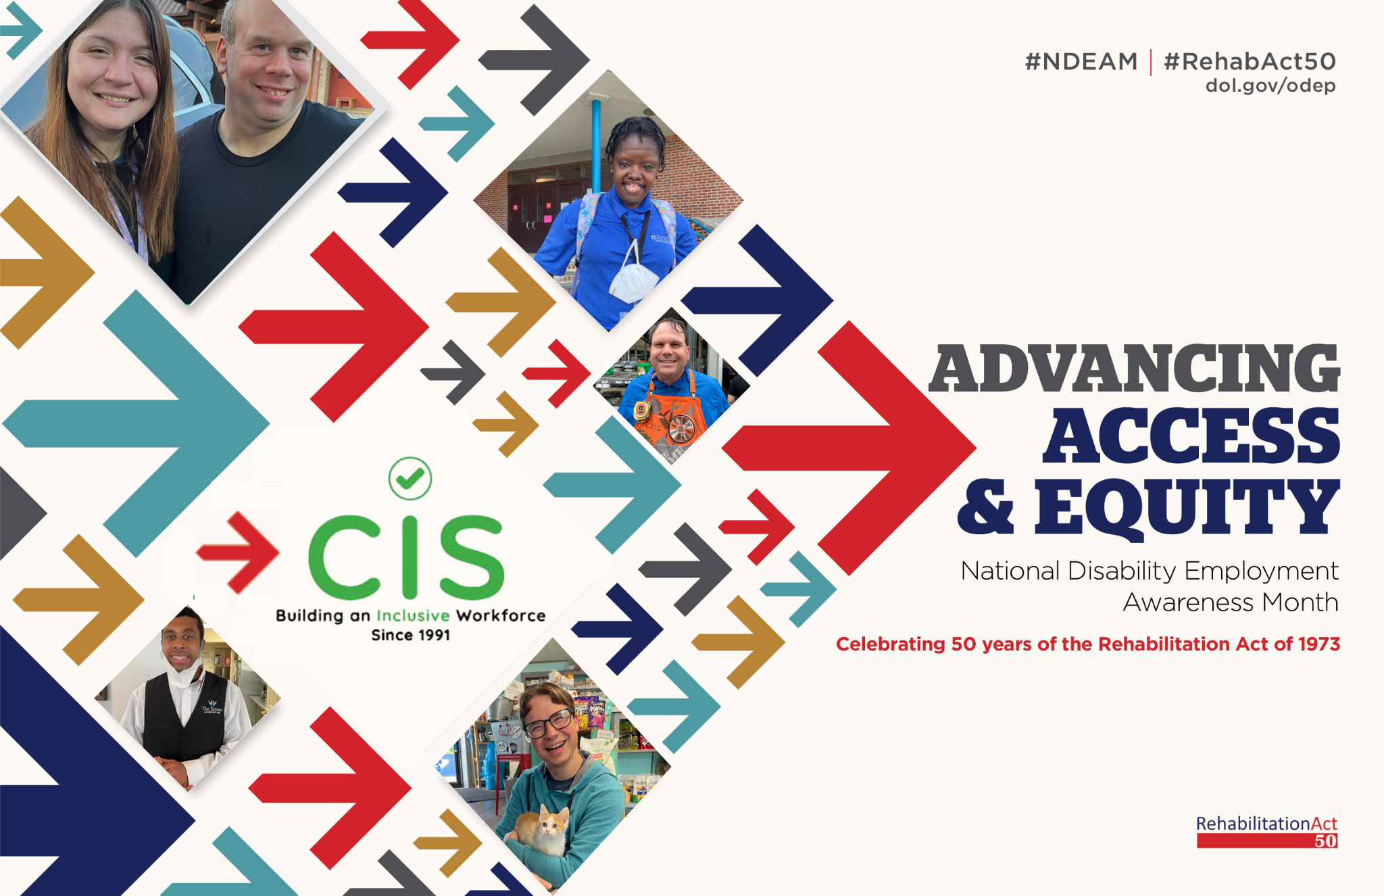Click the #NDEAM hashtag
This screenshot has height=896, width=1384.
(x=1081, y=62)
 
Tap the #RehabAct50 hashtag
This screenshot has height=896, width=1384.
(x=1250, y=62)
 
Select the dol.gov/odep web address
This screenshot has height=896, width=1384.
(x=1270, y=86)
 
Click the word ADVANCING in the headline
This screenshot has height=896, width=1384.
(x=1134, y=369)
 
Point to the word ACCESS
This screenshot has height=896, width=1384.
(x=1191, y=436)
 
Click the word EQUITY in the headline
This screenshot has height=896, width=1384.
(x=1187, y=506)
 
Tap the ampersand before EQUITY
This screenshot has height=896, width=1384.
(x=986, y=506)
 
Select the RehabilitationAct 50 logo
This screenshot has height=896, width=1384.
(x=1267, y=832)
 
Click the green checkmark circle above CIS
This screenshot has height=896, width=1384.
(x=410, y=479)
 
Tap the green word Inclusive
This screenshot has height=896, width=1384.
(x=413, y=615)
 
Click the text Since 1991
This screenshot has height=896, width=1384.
(x=410, y=635)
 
